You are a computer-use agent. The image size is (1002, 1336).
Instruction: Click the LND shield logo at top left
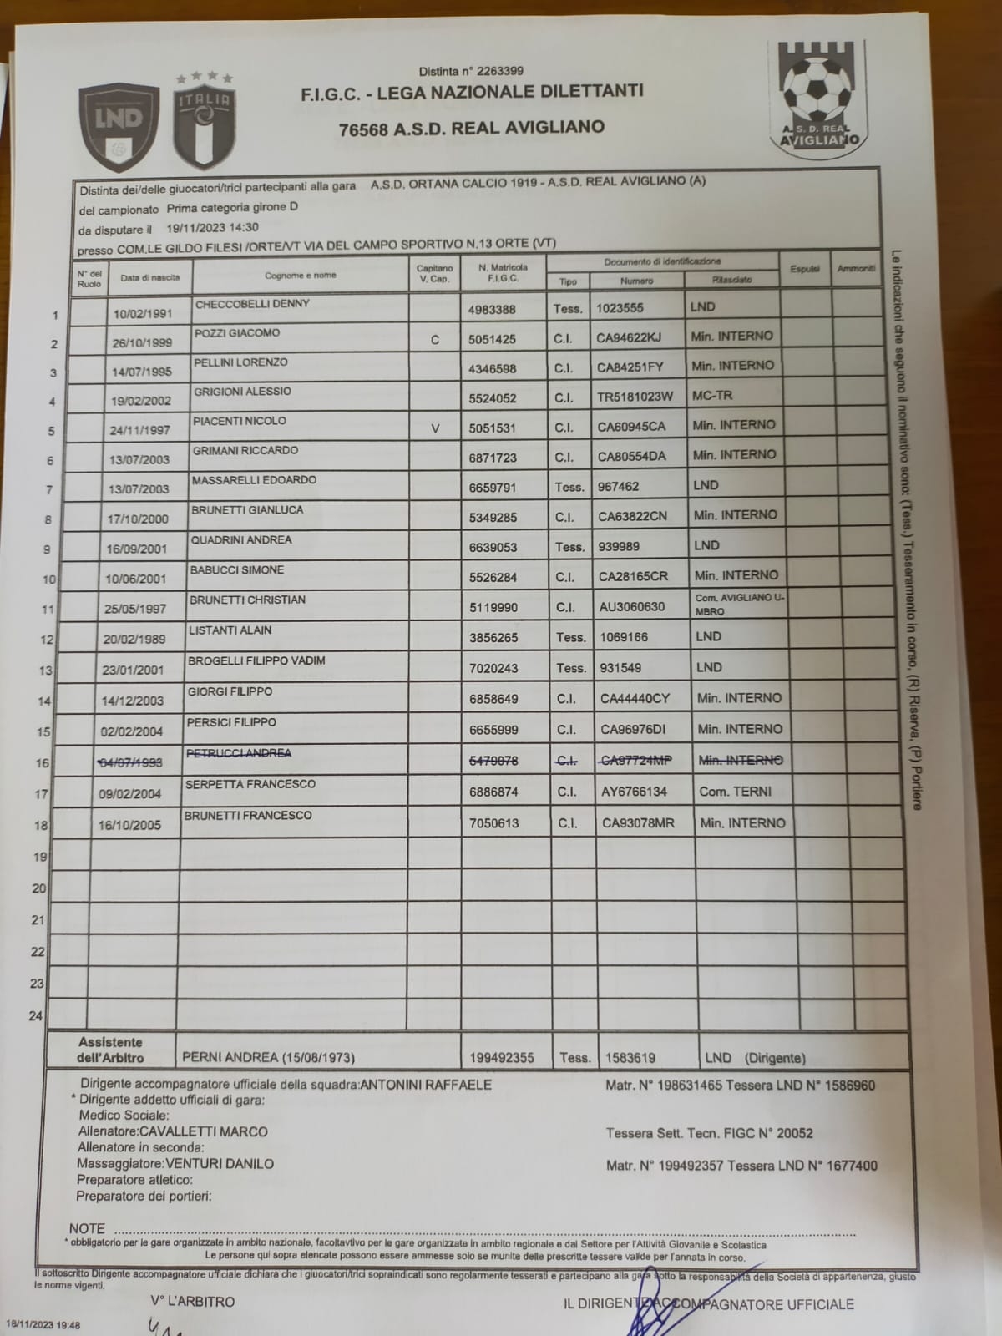click(x=119, y=125)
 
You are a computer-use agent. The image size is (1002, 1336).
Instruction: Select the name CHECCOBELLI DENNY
click(x=240, y=304)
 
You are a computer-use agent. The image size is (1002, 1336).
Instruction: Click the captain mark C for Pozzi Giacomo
click(x=434, y=340)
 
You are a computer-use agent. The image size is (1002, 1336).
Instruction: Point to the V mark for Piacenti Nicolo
click(x=435, y=428)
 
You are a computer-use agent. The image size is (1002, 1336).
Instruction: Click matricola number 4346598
click(x=492, y=368)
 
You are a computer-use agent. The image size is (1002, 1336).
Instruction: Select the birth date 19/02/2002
click(x=140, y=401)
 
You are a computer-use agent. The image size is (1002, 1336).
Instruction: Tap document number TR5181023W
click(x=635, y=397)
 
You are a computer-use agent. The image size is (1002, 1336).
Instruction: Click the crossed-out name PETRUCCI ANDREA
click(x=239, y=753)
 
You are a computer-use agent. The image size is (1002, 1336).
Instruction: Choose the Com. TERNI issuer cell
click(x=735, y=792)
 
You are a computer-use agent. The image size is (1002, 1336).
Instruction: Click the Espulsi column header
click(x=805, y=269)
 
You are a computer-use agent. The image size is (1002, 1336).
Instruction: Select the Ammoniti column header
click(x=856, y=269)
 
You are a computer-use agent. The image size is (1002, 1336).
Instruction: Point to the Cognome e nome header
click(x=301, y=276)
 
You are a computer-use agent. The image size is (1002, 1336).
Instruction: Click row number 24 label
click(x=36, y=1016)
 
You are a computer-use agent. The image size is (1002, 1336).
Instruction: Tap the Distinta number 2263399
click(x=495, y=71)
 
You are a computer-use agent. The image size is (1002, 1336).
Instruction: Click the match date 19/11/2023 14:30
click(x=212, y=227)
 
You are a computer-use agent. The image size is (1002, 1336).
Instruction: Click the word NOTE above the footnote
click(x=87, y=1228)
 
